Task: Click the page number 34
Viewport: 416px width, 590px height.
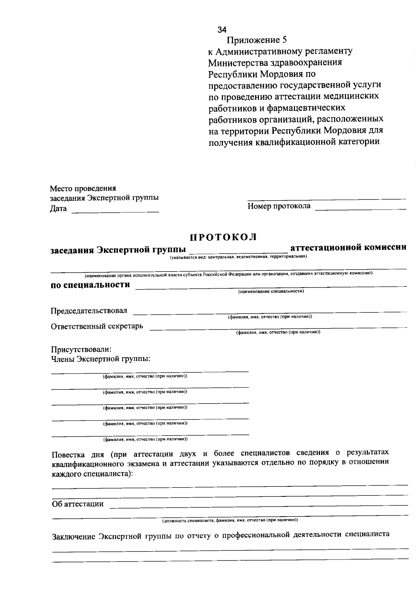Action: pyautogui.click(x=222, y=30)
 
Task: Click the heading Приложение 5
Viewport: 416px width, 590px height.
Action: pyautogui.click(x=257, y=40)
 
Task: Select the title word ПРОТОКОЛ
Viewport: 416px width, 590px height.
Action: pyautogui.click(x=224, y=237)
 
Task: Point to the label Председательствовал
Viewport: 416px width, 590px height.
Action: pyautogui.click(x=89, y=311)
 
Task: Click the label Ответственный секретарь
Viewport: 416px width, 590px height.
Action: pyautogui.click(x=97, y=326)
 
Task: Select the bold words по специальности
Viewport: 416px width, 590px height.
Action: pyautogui.click(x=90, y=285)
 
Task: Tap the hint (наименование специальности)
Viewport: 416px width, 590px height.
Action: pyautogui.click(x=271, y=292)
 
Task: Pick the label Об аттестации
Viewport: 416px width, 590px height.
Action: pyautogui.click(x=78, y=504)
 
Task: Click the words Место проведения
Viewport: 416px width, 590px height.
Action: pyautogui.click(x=83, y=189)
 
